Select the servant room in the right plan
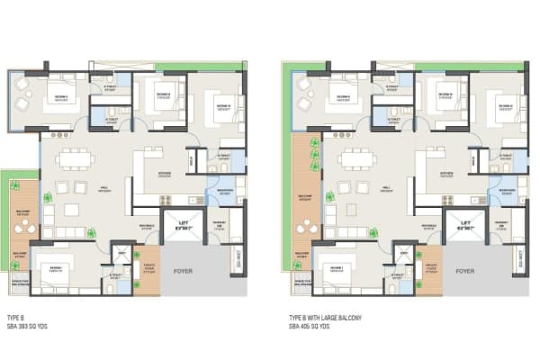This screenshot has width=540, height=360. pyautogui.click(x=501, y=225)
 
